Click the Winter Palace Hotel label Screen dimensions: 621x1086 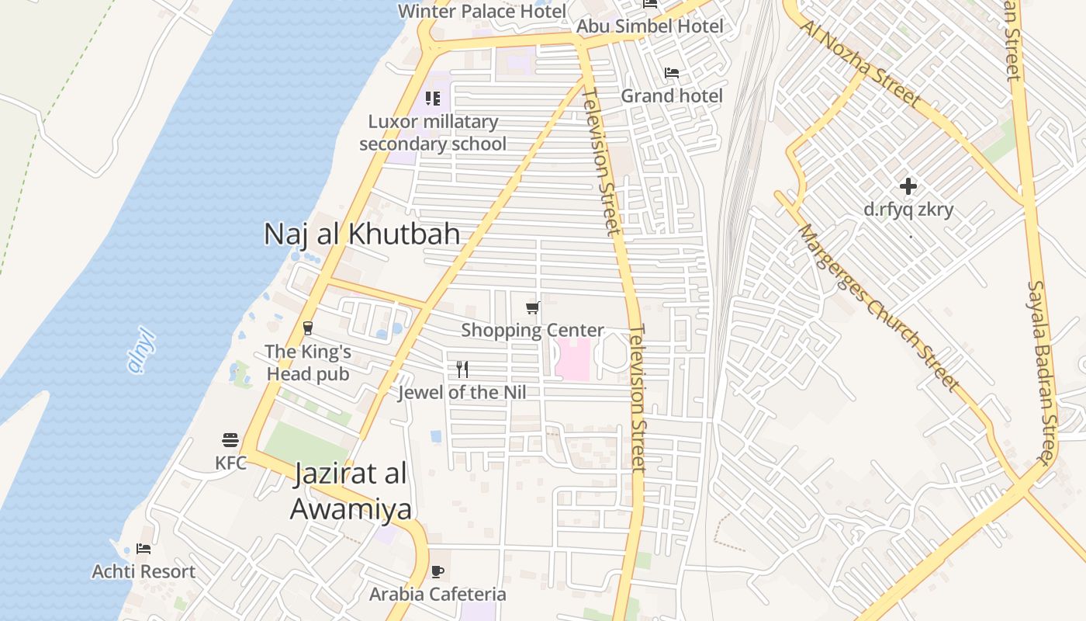coord(482,11)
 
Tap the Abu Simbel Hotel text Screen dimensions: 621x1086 coord(649,26)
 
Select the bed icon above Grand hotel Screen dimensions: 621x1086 coord(672,73)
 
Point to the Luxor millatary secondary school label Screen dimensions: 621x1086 coord(433,133)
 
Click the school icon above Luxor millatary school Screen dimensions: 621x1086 coord(433,99)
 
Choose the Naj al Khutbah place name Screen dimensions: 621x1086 coord(361,234)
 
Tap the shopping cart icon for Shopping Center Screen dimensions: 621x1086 coord(533,307)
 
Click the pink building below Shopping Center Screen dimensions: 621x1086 coord(572,359)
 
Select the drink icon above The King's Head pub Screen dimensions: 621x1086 coord(308,328)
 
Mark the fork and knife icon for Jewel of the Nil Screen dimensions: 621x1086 coord(462,369)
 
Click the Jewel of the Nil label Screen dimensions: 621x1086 coord(462,392)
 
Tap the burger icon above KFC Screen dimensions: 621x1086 coord(230,440)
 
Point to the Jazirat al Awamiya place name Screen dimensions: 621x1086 coord(351,491)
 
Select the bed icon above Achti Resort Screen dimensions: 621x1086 coord(144,549)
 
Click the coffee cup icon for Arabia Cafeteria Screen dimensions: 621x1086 coord(438,572)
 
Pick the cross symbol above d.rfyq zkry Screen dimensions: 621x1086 coord(908,186)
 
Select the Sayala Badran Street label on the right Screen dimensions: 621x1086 coord(1043,373)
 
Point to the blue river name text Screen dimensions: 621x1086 coord(142,353)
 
